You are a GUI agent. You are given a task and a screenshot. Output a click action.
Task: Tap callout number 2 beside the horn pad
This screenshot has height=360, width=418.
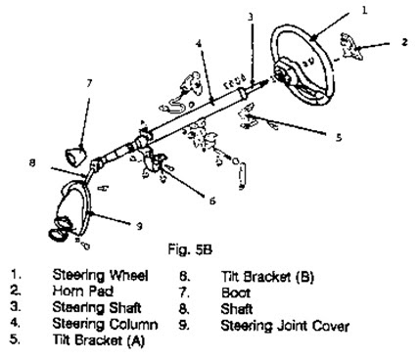tap(402, 43)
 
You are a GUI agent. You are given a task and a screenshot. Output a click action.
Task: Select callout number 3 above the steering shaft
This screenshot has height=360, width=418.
tap(250, 17)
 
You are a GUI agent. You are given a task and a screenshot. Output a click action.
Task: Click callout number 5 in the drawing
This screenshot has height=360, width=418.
tap(338, 139)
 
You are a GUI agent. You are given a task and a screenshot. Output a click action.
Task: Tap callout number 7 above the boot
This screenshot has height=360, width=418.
tap(89, 83)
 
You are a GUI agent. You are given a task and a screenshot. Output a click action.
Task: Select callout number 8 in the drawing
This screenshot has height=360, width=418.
tap(32, 163)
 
